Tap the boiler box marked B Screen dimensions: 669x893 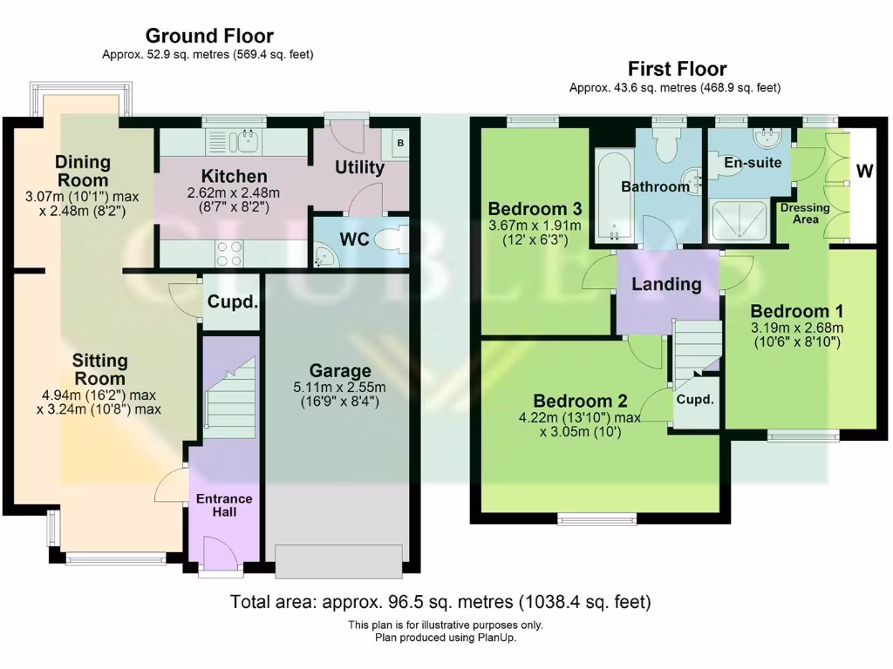(400, 142)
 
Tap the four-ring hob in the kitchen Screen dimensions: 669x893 (228, 253)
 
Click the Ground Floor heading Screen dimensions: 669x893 (208, 36)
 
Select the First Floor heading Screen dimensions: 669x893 (677, 69)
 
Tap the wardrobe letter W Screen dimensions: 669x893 (863, 171)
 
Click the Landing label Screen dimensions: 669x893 (666, 284)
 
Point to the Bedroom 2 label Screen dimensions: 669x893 (580, 402)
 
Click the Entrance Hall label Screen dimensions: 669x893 (223, 505)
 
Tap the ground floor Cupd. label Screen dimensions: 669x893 (231, 303)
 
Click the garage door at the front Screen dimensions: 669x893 (338, 561)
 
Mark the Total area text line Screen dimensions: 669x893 (440, 602)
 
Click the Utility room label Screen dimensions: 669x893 (359, 167)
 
